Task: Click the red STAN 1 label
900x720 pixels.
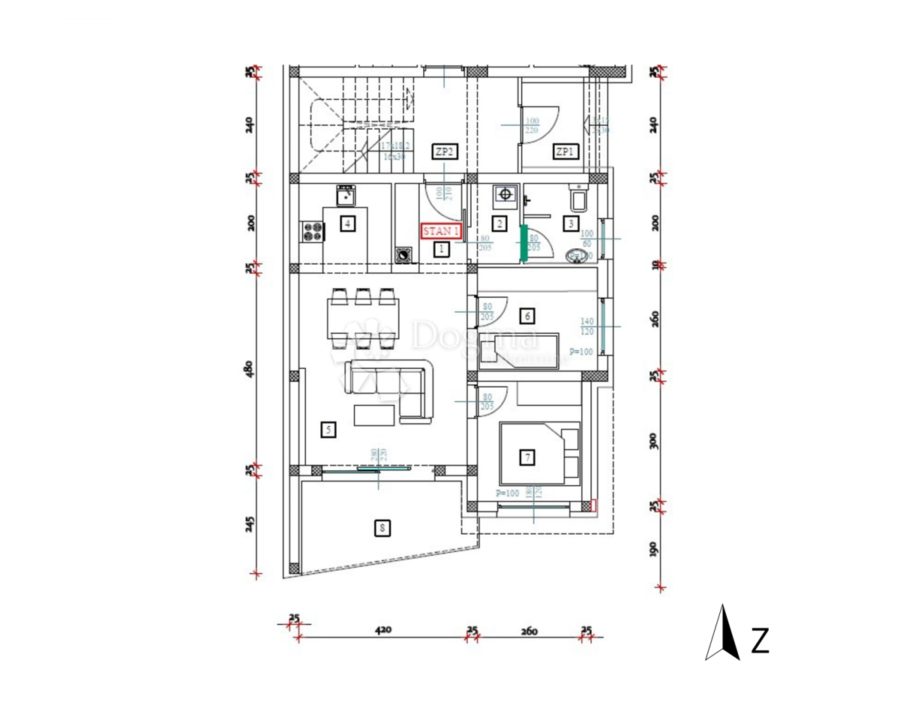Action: [x=442, y=231]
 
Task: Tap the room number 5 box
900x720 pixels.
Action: [x=328, y=430]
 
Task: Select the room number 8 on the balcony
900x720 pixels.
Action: [x=382, y=529]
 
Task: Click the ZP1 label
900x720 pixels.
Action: [x=565, y=152]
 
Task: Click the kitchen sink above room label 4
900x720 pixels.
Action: [x=346, y=196]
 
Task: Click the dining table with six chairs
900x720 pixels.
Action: [x=363, y=319]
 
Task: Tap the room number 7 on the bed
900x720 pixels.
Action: [x=527, y=456]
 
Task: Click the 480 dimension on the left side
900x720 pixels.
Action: [x=250, y=369]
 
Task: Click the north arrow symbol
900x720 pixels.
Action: [x=722, y=634]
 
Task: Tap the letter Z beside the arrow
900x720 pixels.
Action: [x=760, y=641]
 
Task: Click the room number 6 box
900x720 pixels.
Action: [x=528, y=316]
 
